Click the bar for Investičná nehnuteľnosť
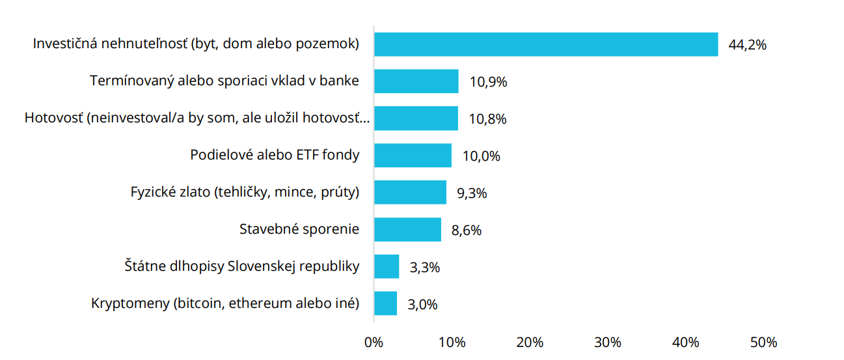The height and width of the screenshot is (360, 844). [x=545, y=44]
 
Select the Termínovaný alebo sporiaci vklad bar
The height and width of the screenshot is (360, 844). [x=416, y=81]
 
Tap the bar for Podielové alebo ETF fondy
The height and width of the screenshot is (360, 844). [x=413, y=156]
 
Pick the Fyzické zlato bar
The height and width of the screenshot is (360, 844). [x=410, y=193]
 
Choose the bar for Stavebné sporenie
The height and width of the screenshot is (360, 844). [x=407, y=230]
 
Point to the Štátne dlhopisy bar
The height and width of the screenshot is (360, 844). [x=387, y=266]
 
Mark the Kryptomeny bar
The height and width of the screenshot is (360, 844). [x=385, y=303]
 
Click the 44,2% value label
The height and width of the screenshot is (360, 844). [x=748, y=45]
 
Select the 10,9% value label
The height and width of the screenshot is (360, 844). [x=488, y=82]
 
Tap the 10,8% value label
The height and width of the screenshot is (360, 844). [x=487, y=119]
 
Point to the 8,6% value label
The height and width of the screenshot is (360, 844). [x=466, y=230]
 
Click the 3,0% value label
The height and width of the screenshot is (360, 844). [x=423, y=304]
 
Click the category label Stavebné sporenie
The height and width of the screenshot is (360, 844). [x=299, y=229]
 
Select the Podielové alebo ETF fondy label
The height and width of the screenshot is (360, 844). [x=275, y=155]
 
